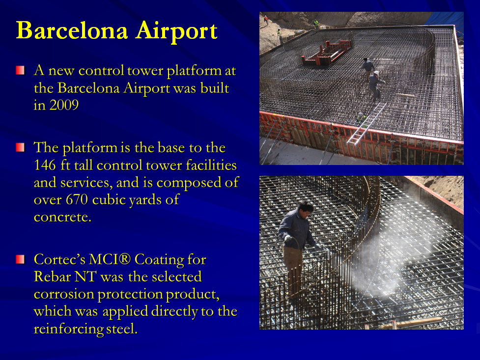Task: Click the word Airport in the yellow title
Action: tap(176, 31)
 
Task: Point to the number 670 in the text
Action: tap(77, 199)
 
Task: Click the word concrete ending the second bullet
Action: tap(62, 217)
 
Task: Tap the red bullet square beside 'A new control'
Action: tap(20, 70)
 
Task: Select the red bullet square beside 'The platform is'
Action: tap(20, 147)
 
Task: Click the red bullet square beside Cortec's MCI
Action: tap(20, 259)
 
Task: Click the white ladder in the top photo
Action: tap(367, 124)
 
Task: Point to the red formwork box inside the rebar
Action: tap(326, 54)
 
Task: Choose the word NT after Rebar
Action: tap(85, 277)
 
